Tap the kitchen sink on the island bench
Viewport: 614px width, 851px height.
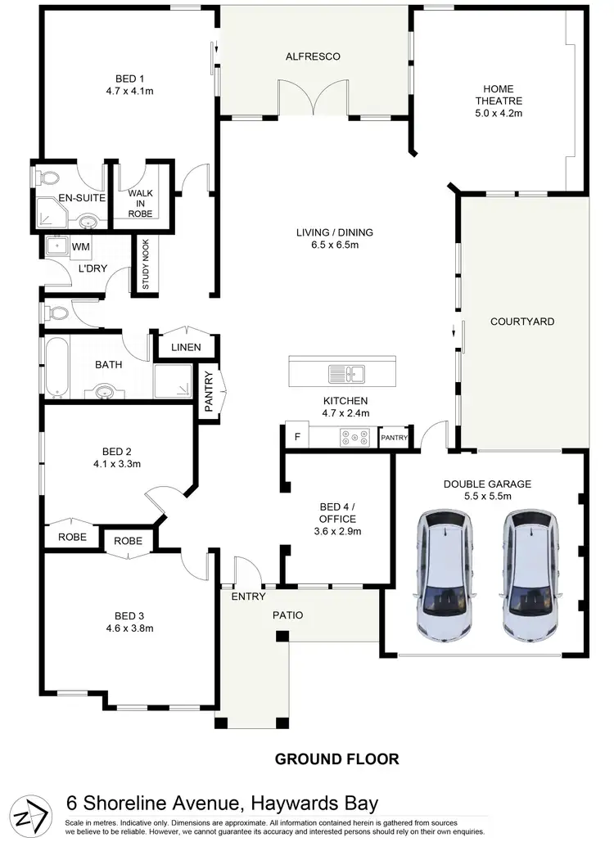tap(347, 374)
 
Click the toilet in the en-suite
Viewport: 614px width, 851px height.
tap(47, 177)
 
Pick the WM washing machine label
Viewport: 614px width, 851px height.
tap(80, 246)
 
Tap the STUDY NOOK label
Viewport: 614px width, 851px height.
tap(145, 264)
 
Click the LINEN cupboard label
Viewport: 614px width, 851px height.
tap(187, 348)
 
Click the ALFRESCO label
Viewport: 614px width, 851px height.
tap(313, 56)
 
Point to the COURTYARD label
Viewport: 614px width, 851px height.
tap(522, 322)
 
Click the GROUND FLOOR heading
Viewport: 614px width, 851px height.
tap(336, 759)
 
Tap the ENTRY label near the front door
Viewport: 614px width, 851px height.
tap(248, 597)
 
